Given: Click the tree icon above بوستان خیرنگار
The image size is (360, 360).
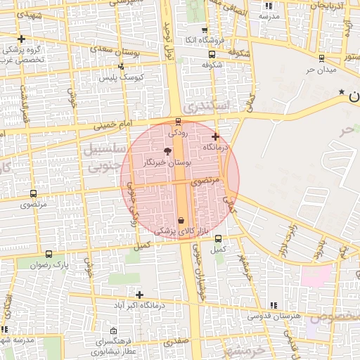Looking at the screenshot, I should coord(167,150).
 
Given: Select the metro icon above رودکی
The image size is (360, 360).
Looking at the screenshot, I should coord(176,121).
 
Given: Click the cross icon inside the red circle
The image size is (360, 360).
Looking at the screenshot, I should coord(215,136).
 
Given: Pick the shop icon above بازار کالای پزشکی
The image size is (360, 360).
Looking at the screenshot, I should coord(181,220).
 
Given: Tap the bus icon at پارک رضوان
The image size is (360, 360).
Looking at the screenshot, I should coord(49,254).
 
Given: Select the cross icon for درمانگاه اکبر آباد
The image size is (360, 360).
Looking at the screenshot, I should coord(139,295).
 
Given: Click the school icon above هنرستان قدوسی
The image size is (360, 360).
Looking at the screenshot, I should coord(273,305).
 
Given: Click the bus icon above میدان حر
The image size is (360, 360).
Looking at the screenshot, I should coord(321,58).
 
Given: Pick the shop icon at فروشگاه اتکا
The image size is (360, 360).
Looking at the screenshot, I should coord(205,31).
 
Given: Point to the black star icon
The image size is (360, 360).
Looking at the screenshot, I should coord(342,92).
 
